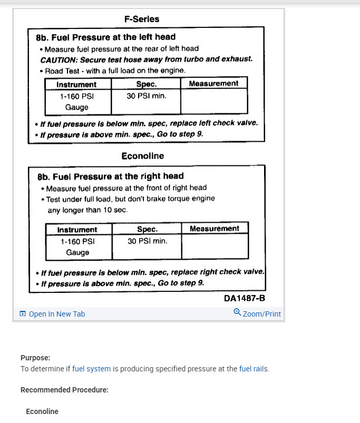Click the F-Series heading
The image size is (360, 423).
pyautogui.click(x=142, y=19)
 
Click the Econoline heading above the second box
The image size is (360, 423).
pyautogui.click(x=143, y=156)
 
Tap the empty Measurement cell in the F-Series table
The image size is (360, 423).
pyautogui.click(x=213, y=101)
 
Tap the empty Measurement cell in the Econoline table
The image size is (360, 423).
pyautogui.click(x=215, y=247)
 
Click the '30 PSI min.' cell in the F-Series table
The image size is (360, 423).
pyautogui.click(x=146, y=96)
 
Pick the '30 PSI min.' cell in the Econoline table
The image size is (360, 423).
pyautogui.click(x=147, y=241)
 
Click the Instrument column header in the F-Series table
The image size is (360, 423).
pyautogui.click(x=76, y=84)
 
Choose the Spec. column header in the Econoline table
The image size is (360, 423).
pyautogui.click(x=147, y=229)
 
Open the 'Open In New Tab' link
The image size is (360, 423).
pyautogui.click(x=56, y=314)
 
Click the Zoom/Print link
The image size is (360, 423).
pyautogui.click(x=261, y=314)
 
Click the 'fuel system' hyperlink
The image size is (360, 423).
pyautogui.click(x=91, y=369)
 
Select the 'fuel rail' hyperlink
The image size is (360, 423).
pyautogui.click(x=252, y=369)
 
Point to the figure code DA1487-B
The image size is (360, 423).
pyautogui.click(x=244, y=298)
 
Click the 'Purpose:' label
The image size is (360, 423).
pyautogui.click(x=35, y=358)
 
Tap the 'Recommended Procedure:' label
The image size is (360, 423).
pyautogui.click(x=64, y=390)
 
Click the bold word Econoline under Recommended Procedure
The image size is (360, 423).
pyautogui.click(x=42, y=411)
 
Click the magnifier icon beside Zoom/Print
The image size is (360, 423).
pyautogui.click(x=237, y=313)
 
